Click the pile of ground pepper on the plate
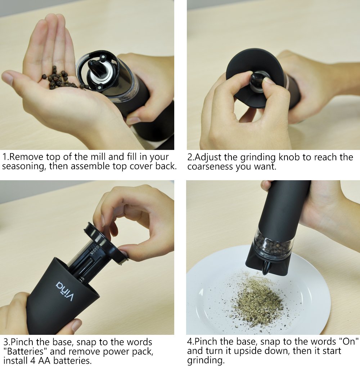[256, 301]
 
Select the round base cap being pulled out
[104, 241]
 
